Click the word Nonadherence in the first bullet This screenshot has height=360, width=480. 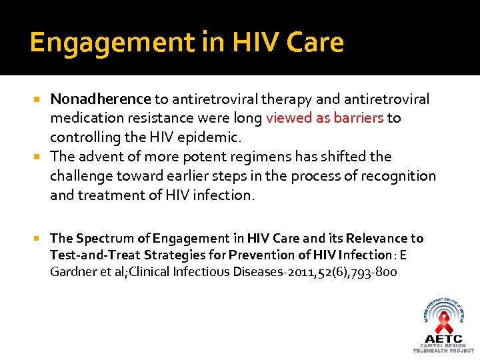point(101,99)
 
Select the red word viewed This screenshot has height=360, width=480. point(289,119)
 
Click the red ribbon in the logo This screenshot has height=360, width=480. point(443,323)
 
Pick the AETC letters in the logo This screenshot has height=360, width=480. point(443,339)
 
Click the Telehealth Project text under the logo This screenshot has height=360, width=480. point(443,351)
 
